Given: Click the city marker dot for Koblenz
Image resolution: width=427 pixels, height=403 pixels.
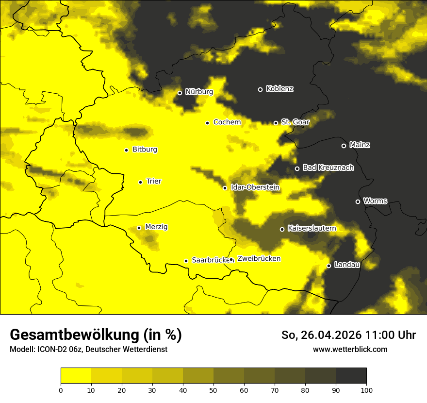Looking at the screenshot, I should [260, 89].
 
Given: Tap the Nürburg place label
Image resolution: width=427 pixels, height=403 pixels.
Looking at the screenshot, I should [199, 92].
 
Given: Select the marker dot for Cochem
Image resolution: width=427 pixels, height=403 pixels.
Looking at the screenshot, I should [207, 123].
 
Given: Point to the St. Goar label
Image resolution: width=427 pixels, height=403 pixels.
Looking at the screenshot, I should [295, 122].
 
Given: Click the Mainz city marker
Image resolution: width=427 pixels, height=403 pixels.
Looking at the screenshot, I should [344, 146].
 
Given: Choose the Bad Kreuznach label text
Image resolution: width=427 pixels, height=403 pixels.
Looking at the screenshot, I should [328, 168].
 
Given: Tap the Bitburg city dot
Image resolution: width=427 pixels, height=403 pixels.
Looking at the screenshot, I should [126, 150].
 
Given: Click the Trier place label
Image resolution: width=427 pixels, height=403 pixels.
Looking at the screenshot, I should [154, 181].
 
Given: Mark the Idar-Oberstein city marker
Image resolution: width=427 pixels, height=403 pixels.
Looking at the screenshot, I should [225, 188].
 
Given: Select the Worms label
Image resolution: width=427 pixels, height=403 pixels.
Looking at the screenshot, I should [375, 201].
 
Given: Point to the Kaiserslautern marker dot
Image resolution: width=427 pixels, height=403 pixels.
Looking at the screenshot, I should [282, 229].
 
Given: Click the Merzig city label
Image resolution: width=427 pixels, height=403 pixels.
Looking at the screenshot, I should [156, 227].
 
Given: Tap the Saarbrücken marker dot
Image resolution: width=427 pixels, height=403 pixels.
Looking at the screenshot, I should [186, 261].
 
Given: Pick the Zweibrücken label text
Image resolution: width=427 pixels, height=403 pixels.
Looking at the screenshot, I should [259, 259].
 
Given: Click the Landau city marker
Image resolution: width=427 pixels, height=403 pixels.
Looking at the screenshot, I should [329, 266].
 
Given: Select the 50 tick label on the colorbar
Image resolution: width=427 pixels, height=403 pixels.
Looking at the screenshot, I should [213, 390].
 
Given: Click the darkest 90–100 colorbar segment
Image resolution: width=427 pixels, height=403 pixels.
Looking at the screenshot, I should [351, 376].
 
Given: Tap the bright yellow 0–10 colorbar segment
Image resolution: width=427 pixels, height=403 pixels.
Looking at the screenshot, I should [76, 376].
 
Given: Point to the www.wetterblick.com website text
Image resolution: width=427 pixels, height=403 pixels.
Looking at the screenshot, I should [350, 349].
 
